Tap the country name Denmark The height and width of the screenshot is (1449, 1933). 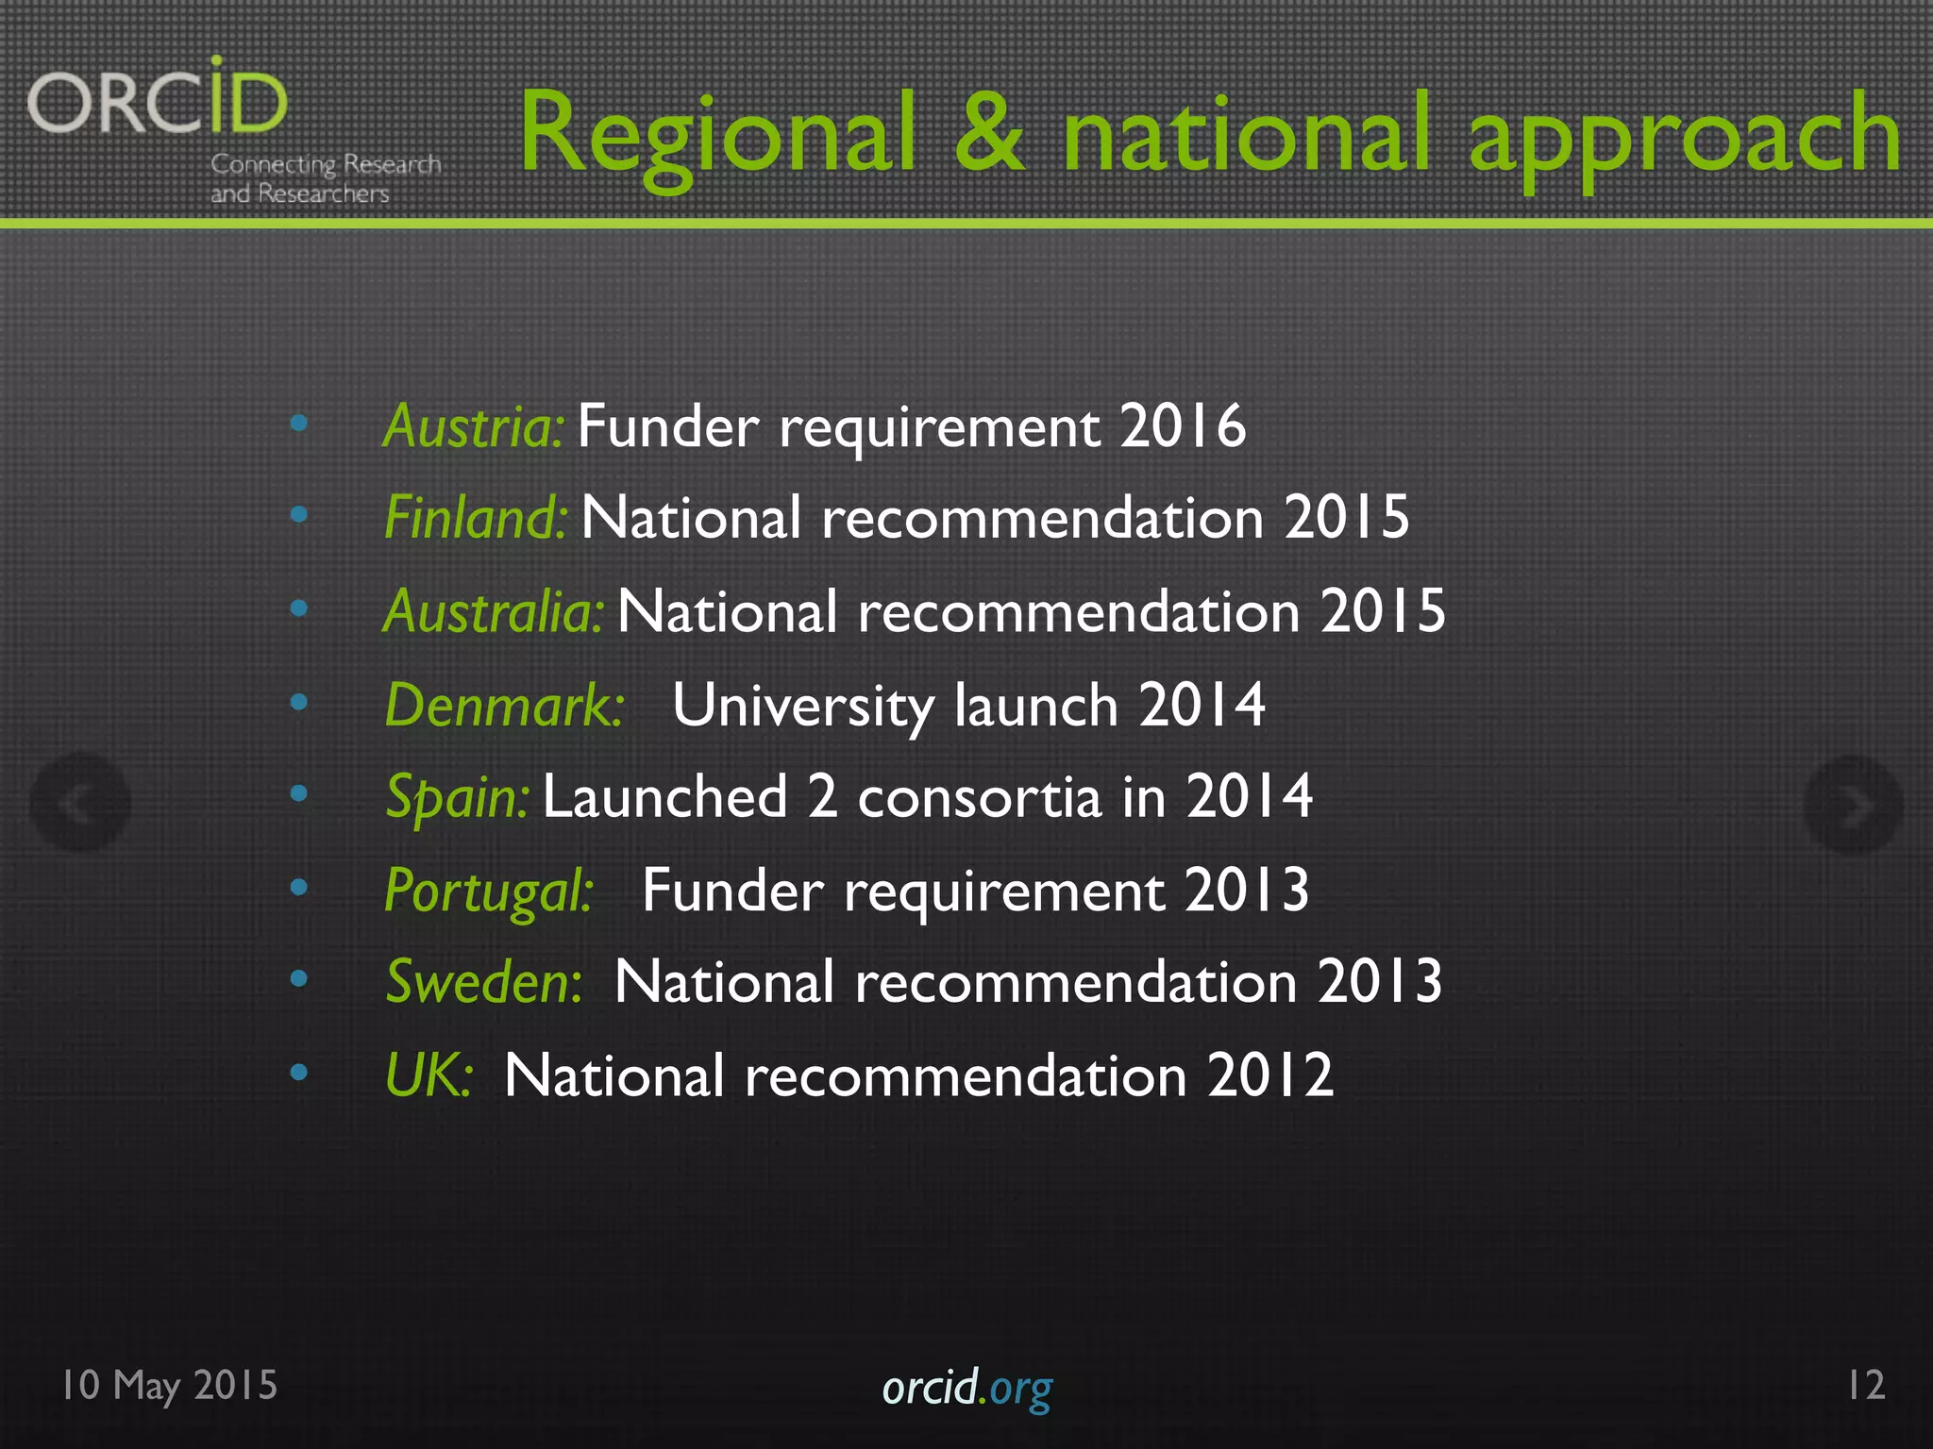pyautogui.click(x=504, y=705)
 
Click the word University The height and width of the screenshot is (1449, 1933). pyautogui.click(x=802, y=705)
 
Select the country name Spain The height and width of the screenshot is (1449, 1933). pyautogui.click(x=457, y=797)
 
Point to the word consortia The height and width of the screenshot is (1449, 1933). pyautogui.click(x=979, y=797)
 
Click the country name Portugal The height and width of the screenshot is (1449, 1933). pyautogui.click(x=488, y=890)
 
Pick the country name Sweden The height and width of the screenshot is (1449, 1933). pyautogui.click(x=483, y=981)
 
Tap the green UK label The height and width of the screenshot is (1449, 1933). pyautogui.click(x=428, y=1074)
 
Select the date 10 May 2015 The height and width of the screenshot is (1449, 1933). pyautogui.click(x=170, y=1386)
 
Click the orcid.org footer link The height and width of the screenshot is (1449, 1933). pyautogui.click(x=966, y=1388)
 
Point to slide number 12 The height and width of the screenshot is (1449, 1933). pyautogui.click(x=1866, y=1385)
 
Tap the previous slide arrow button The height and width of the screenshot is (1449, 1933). pyautogui.click(x=80, y=804)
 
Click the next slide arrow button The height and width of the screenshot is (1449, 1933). pyautogui.click(x=1852, y=806)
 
